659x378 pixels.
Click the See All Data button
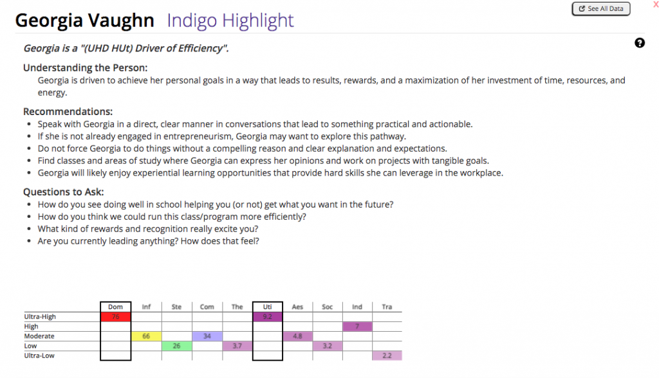tap(600, 9)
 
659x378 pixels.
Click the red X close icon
tap(655, 5)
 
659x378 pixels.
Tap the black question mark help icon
tap(640, 43)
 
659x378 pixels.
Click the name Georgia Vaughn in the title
tap(84, 21)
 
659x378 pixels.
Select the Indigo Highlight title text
tap(230, 21)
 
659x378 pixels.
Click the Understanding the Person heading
tap(85, 67)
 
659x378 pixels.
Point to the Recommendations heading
tap(68, 111)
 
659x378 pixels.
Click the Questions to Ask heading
tap(63, 192)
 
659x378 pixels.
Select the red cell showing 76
tap(116, 317)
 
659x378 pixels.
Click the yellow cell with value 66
tap(146, 336)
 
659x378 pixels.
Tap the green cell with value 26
tap(176, 346)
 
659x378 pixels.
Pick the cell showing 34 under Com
tap(207, 336)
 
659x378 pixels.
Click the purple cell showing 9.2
tap(268, 317)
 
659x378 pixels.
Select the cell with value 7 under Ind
tap(357, 327)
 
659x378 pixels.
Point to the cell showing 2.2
tap(387, 355)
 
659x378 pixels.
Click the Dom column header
tap(116, 307)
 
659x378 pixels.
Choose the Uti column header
tap(268, 307)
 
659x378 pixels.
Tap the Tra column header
tap(387, 307)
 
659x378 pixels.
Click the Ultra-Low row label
tap(39, 355)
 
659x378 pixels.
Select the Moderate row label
tap(39, 336)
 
